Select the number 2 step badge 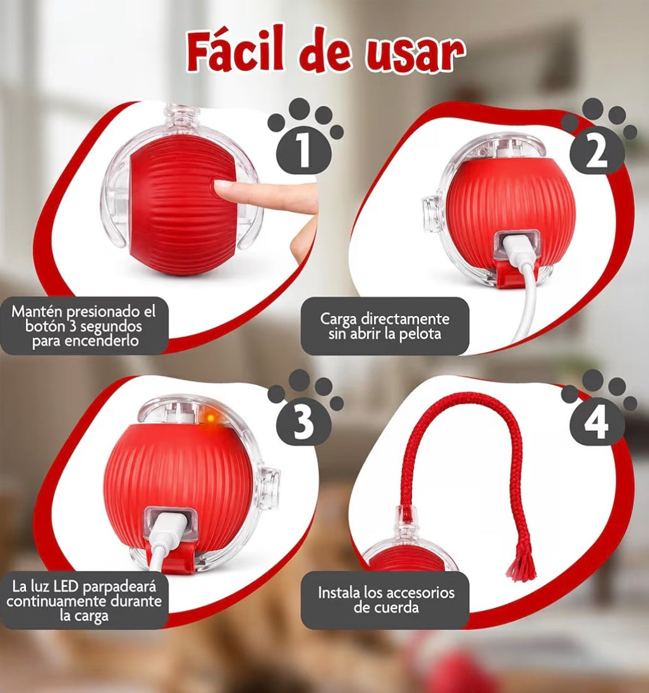pos(596,154)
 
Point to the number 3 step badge pos(304,422)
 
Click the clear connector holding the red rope pos(403,522)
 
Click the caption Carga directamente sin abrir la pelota pos(384,325)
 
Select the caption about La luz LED pos(83,599)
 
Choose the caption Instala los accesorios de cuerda pos(385,600)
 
